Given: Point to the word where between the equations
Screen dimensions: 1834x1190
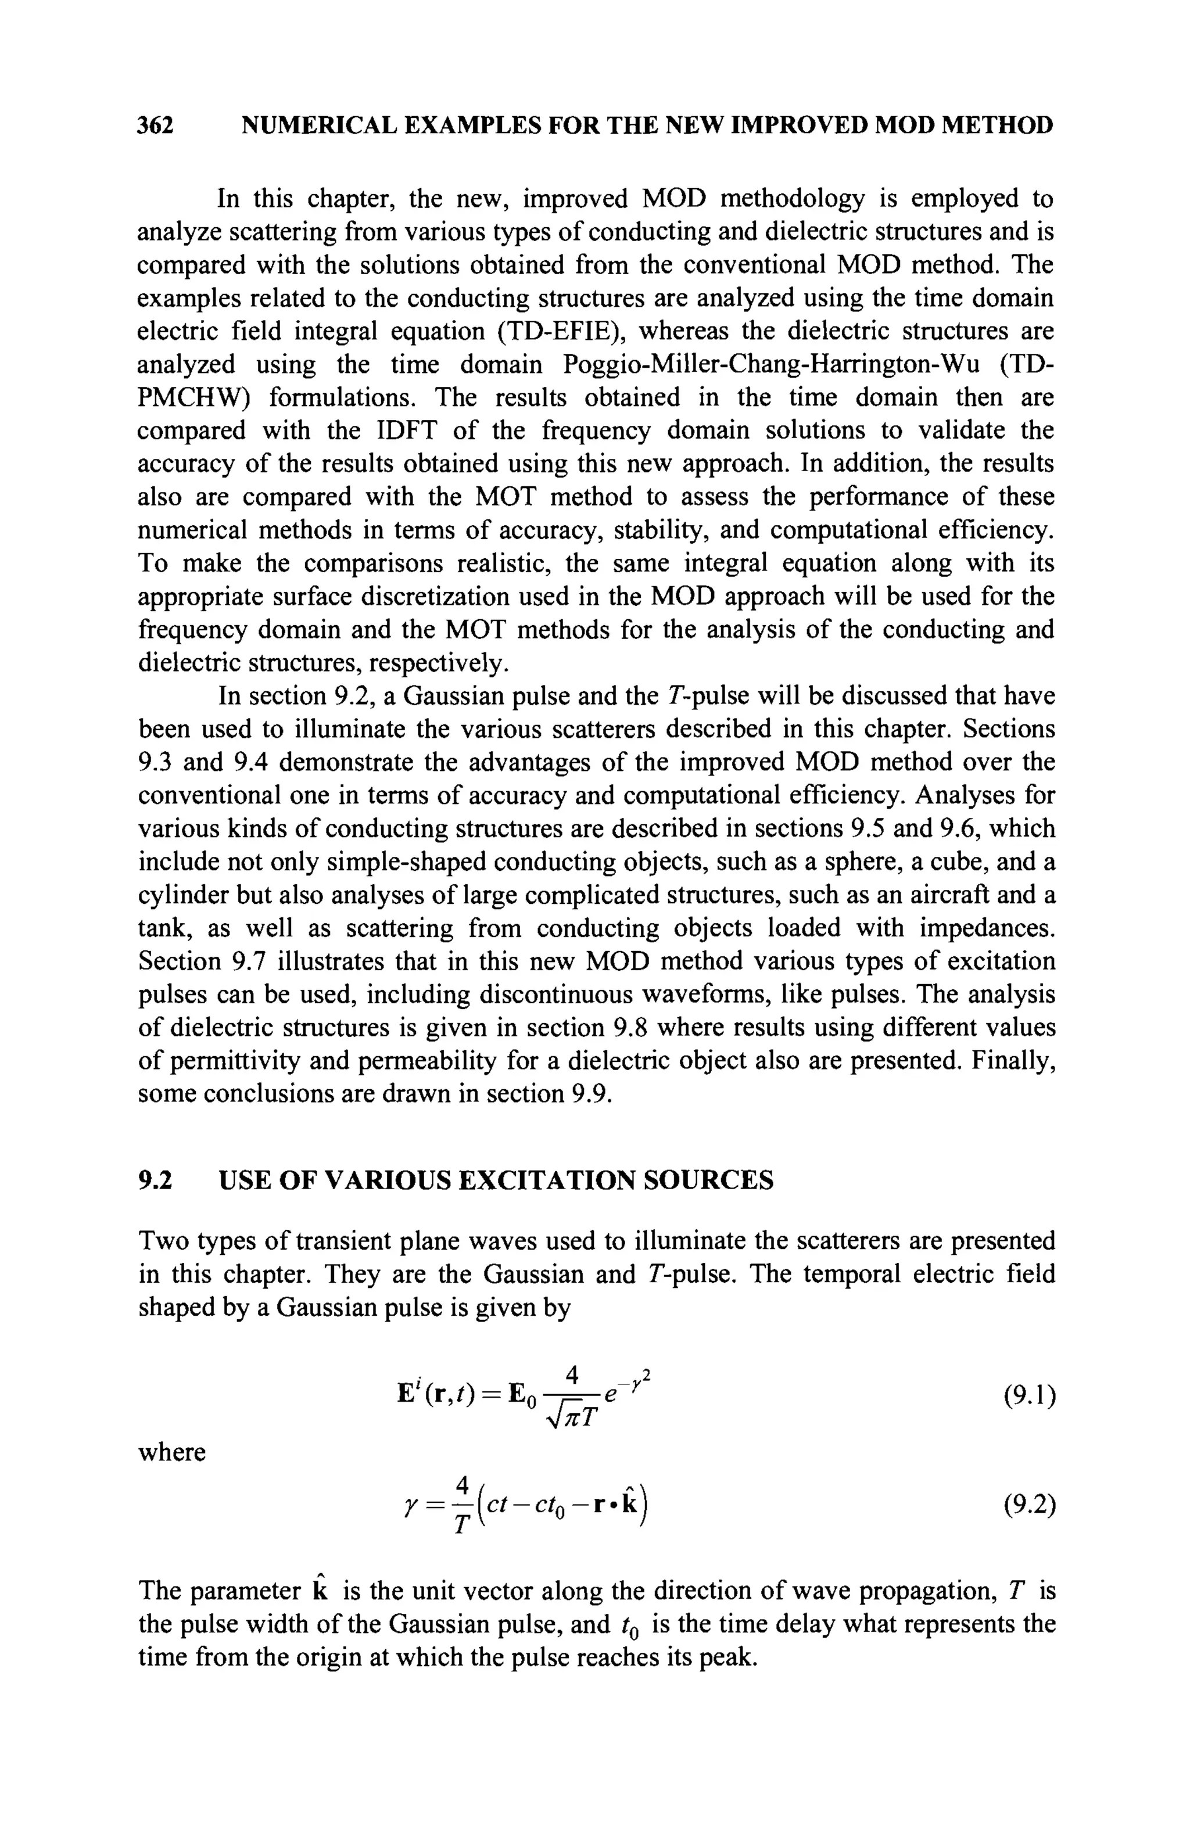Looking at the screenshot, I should tap(172, 1452).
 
